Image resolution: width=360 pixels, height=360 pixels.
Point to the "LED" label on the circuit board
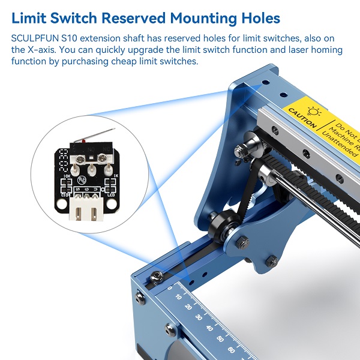coord(110,194)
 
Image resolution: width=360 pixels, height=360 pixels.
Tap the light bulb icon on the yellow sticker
coord(313,111)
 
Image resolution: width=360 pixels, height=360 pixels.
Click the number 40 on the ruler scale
coord(209,328)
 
